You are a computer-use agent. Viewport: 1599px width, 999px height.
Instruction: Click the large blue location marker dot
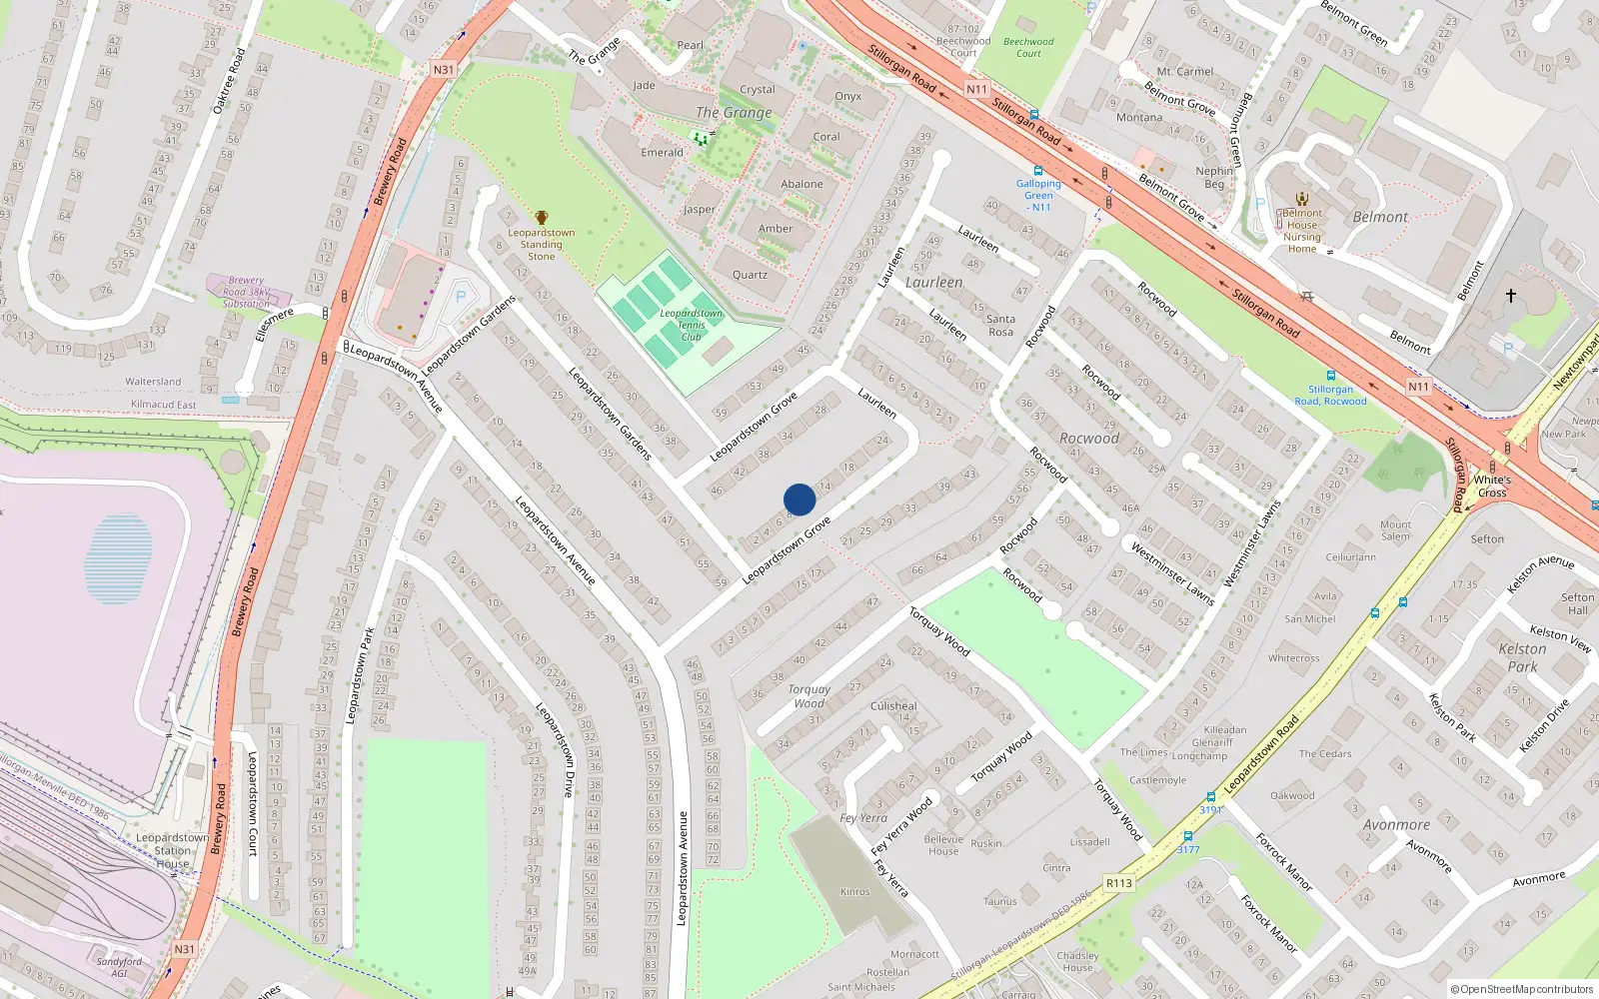(799, 499)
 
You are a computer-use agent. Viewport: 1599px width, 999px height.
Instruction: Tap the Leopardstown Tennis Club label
(691, 325)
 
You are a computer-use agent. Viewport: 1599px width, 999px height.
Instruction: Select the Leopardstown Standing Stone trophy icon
(542, 218)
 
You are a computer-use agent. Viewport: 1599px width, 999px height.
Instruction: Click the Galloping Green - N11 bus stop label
(1039, 195)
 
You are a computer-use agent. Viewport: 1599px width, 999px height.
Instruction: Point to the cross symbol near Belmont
(1511, 296)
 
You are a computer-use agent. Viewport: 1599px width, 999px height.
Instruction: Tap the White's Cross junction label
(1492, 487)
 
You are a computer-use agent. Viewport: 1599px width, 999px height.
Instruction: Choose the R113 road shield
(1119, 883)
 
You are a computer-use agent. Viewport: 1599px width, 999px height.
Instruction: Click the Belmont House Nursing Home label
(1302, 231)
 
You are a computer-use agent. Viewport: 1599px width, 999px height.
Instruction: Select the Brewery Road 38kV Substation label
(246, 292)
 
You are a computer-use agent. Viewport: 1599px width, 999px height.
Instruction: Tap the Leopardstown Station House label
(172, 850)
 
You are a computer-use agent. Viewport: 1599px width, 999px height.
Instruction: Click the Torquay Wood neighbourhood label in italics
(809, 696)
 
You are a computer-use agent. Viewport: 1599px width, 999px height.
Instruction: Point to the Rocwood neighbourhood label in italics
(1089, 439)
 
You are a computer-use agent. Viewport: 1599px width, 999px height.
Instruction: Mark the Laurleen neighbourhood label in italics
(933, 283)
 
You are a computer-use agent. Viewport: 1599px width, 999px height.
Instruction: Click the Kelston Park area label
(1522, 657)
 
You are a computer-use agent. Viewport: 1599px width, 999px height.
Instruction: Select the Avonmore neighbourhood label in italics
(1396, 825)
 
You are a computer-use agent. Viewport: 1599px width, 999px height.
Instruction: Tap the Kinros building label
(855, 891)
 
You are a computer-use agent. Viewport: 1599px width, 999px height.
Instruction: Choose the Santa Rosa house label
(1000, 326)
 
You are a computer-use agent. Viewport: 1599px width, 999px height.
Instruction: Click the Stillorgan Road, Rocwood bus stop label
(1330, 396)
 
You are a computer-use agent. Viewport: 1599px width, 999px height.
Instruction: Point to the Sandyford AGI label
(120, 967)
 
